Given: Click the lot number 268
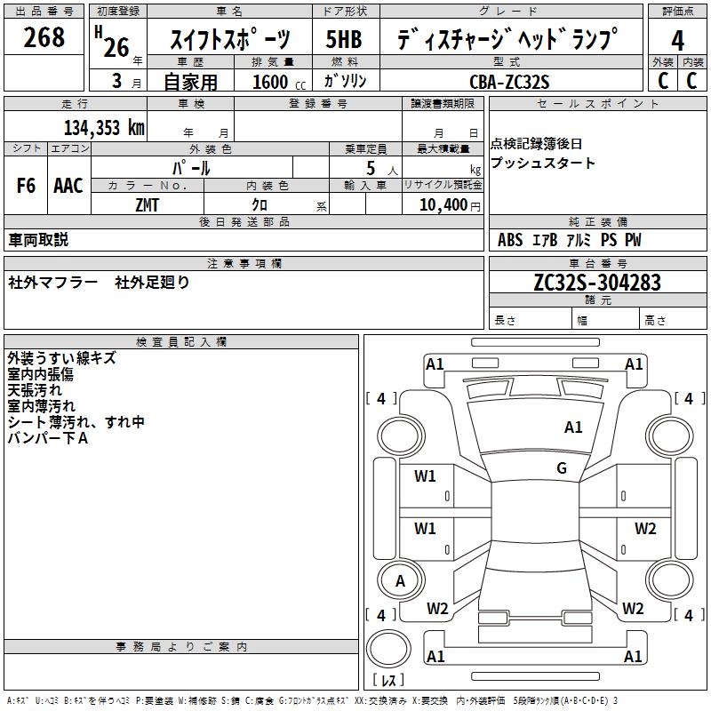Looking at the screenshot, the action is (44, 37).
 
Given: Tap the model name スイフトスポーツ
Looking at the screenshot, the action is (230, 40).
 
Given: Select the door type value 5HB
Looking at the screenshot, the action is (344, 40).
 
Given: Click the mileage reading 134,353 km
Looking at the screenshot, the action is (104, 127).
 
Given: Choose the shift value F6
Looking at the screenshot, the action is (26, 186).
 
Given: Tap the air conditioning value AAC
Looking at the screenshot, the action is (68, 186).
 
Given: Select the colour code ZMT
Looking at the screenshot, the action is (148, 204).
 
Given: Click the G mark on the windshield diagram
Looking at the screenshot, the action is (562, 468).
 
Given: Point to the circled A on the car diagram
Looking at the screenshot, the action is (400, 581).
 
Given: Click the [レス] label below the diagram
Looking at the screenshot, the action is (387, 681).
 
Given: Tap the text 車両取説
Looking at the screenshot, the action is (38, 240).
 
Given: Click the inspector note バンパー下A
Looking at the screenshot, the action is (48, 438).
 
